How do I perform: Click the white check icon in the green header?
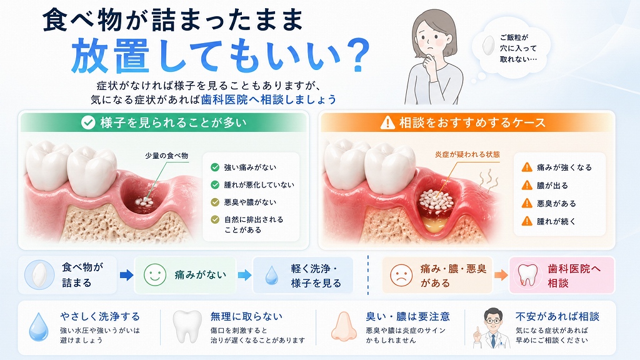pyautogui.click(x=87, y=122)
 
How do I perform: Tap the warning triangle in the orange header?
pyautogui.click(x=387, y=122)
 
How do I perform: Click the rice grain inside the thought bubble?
pyautogui.click(x=488, y=46)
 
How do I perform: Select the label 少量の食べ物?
pyautogui.click(x=166, y=156)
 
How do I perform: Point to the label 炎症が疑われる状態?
pyautogui.click(x=467, y=154)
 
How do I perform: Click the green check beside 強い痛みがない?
pyautogui.click(x=215, y=167)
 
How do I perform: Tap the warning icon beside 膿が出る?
pyautogui.click(x=527, y=185)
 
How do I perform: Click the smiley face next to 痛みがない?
pyautogui.click(x=155, y=275)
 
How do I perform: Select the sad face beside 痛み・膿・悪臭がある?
pyautogui.click(x=401, y=275)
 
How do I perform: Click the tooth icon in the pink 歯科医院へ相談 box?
pyautogui.click(x=527, y=275)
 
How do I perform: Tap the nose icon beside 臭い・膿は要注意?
pyautogui.click(x=344, y=326)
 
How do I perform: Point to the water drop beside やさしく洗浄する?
pyautogui.click(x=39, y=327)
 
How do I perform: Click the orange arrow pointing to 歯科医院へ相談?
pyautogui.click(x=501, y=275)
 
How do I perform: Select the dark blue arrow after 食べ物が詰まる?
pyautogui.click(x=126, y=275)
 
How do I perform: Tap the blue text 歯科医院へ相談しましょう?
pyautogui.click(x=269, y=99)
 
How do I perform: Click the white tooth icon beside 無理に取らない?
pyautogui.click(x=187, y=326)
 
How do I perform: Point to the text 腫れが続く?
pyautogui.click(x=556, y=221)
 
